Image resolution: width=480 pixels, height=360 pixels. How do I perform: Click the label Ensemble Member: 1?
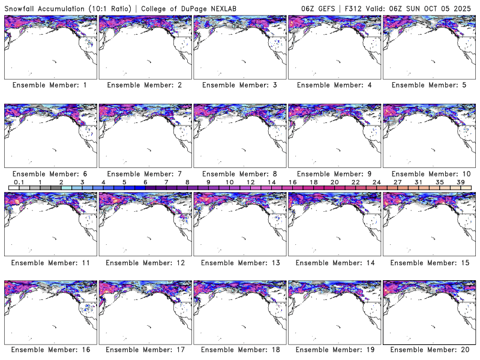pos(50,85)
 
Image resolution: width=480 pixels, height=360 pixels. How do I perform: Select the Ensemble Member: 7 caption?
pos(144,173)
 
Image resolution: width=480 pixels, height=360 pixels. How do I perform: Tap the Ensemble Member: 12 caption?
pos(144,262)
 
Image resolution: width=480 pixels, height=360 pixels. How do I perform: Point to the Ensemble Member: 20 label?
pos(429,350)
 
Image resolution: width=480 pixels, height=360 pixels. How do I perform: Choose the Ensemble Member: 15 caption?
pos(429,262)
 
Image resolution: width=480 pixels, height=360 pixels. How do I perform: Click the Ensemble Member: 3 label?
pos(239,85)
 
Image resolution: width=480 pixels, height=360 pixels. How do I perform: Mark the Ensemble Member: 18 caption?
pos(239,350)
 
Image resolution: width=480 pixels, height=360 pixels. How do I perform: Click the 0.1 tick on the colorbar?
pos(19,182)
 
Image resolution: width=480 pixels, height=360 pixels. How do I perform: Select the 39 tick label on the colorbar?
pos(460,182)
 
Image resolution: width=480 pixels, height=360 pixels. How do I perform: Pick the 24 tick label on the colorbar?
pos(376,182)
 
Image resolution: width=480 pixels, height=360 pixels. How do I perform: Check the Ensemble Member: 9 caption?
pos(334,173)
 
